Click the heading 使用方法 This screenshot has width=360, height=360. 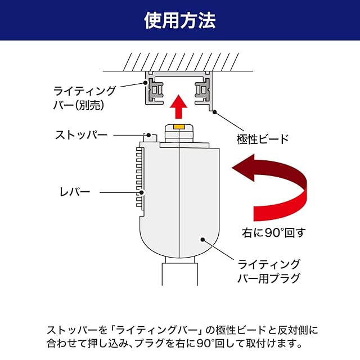click(x=180, y=21)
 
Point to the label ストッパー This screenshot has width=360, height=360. click(x=81, y=135)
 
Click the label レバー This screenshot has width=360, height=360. click(x=75, y=192)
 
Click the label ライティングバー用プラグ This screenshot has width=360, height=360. click(x=269, y=271)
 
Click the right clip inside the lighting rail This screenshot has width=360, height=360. click(x=201, y=90)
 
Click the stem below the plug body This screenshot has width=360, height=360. click(x=178, y=276)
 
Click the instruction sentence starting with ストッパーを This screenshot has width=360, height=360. click(x=180, y=336)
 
